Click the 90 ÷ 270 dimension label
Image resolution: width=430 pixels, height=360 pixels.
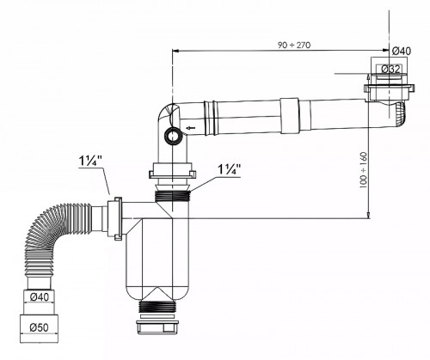tap(294, 45)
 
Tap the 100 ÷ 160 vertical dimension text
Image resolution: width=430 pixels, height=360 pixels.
tap(363, 170)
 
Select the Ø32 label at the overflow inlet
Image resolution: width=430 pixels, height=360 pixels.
tap(390, 69)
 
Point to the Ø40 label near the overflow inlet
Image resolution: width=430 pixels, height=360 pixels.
tap(401, 51)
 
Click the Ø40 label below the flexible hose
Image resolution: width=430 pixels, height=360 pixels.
tap(40, 297)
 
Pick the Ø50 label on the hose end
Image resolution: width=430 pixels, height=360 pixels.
tap(40, 327)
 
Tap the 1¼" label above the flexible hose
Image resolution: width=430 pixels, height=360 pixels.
tap(90, 162)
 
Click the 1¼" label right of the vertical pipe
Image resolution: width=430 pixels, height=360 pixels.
tap(229, 169)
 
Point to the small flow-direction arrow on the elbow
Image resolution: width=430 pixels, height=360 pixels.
tap(191, 127)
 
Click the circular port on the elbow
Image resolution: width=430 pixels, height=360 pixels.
tap(172, 137)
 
